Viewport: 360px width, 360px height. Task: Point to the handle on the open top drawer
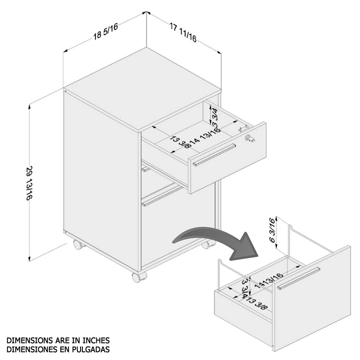pos(214,155)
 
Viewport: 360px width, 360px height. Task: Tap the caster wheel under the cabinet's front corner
pos(139,277)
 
